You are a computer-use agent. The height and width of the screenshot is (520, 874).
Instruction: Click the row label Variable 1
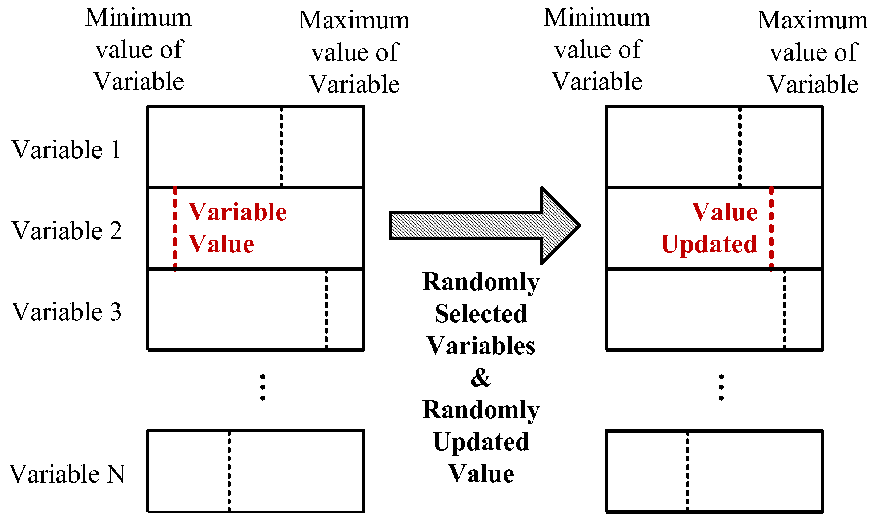67,149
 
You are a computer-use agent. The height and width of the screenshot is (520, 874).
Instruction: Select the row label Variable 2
67,231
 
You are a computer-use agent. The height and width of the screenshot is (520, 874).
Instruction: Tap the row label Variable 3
67,312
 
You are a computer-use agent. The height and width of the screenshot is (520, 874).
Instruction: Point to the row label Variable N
67,474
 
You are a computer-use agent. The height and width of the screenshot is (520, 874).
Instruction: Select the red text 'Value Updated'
711,228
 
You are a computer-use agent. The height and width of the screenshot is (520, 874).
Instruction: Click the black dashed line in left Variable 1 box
281,147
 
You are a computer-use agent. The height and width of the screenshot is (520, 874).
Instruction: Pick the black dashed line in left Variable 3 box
326,309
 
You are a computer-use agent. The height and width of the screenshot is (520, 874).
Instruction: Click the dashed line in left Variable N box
229,471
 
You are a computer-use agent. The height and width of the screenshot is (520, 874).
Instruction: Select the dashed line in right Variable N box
687,471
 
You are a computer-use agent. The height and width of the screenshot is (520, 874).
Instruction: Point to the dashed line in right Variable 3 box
785,309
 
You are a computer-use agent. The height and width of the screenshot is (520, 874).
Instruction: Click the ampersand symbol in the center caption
481,378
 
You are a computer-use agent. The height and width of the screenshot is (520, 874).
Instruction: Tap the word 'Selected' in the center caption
481,313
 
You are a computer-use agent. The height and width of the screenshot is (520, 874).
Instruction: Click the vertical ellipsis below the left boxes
262,388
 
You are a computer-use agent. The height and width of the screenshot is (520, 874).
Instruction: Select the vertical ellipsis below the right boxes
721,388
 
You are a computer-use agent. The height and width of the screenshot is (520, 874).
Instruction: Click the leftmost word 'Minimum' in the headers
138,18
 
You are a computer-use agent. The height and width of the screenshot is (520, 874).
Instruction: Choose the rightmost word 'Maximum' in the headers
813,20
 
